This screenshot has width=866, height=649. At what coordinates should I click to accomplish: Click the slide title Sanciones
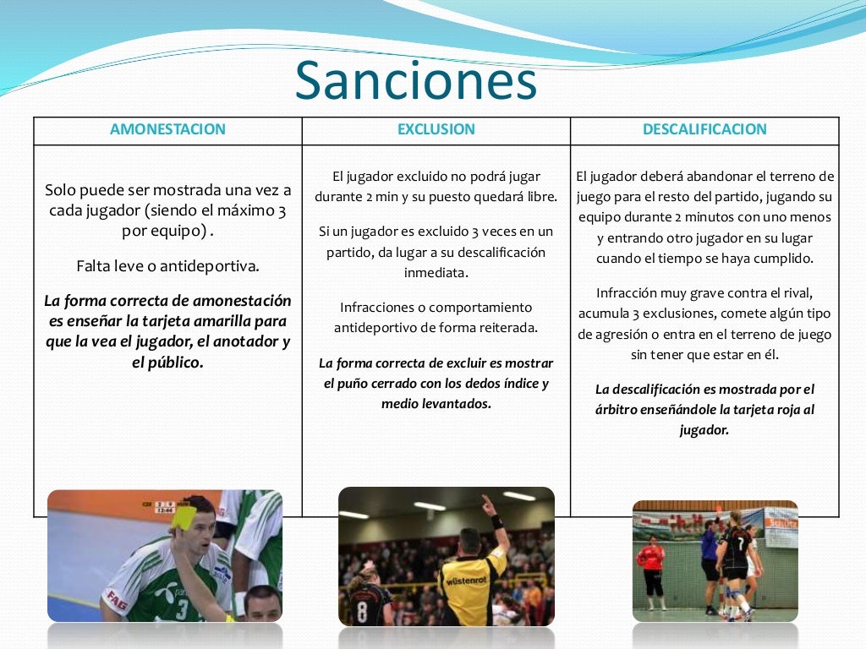(415, 81)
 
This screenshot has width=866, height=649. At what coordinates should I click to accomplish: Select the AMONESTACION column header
(167, 129)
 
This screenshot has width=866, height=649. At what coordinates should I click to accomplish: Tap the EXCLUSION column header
(436, 129)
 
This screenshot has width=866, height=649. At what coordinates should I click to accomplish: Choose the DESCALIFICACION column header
(704, 129)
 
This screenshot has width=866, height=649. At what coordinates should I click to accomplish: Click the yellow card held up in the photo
(183, 516)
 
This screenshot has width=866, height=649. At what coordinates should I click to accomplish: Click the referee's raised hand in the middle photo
(488, 504)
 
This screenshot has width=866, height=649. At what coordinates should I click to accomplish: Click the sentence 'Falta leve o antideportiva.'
(167, 265)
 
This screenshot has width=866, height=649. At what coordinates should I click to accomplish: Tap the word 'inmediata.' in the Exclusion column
(436, 273)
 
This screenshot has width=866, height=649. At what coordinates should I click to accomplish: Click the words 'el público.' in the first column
(167, 363)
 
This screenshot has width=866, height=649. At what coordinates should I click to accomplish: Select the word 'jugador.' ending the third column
(704, 429)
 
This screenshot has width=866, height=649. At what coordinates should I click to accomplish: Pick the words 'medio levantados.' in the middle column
(436, 404)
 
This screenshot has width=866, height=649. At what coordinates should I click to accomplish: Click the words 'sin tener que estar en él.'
(704, 355)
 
